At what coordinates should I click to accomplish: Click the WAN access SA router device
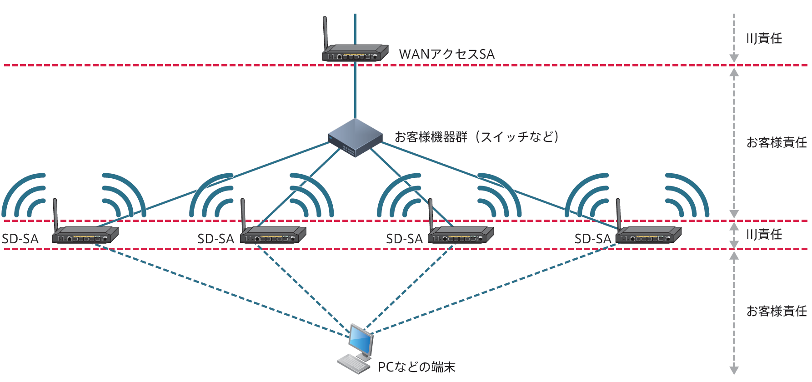point(355,53)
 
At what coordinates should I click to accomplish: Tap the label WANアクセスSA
point(446,54)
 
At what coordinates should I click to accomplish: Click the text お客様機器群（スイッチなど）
point(476,137)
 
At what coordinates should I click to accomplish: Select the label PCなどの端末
point(416,367)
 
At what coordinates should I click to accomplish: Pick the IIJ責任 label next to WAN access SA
point(764,38)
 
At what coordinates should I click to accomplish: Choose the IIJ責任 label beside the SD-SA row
point(764,234)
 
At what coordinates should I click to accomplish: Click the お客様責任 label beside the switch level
point(776,142)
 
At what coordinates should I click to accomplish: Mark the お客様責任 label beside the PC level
point(776,311)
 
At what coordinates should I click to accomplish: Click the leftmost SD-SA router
point(85,235)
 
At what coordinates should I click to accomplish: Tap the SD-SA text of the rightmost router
point(592,239)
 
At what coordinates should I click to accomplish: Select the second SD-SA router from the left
point(273,235)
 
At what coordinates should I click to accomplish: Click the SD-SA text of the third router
point(404,239)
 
